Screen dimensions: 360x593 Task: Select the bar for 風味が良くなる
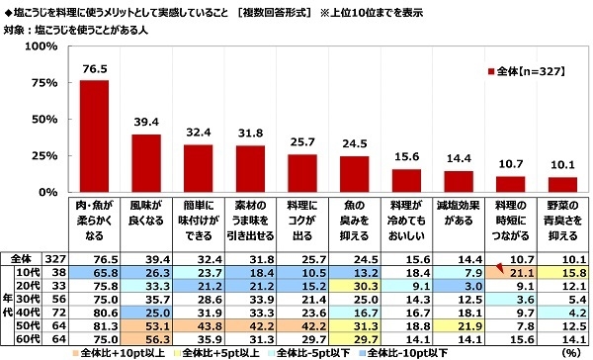(x=146, y=163)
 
